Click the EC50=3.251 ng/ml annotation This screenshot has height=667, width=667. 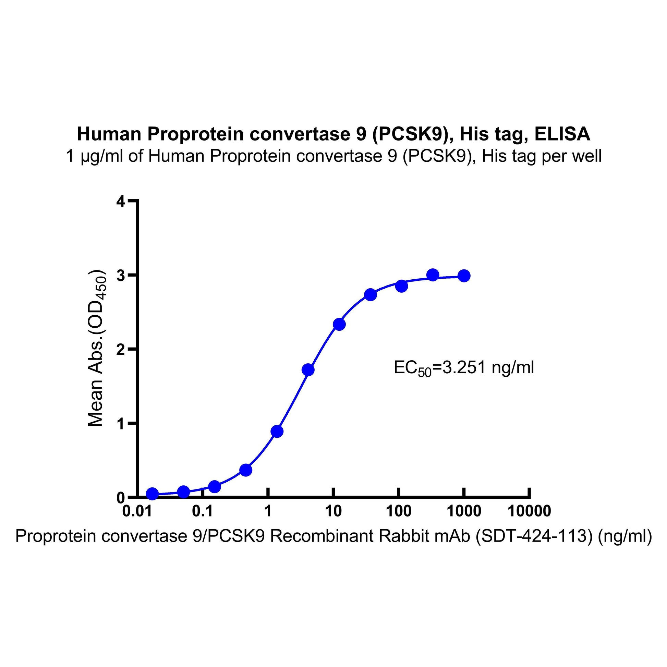(464, 368)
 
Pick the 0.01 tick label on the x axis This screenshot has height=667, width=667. (137, 511)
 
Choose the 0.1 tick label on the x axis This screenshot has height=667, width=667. (203, 511)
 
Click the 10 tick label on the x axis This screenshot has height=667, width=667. (333, 511)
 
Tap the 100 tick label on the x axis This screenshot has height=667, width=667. (398, 511)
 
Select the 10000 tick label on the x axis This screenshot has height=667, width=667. (529, 511)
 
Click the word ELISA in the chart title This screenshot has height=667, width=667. (562, 134)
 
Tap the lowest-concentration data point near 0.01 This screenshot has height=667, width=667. (152, 494)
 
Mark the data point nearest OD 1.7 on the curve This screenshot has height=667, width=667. (308, 370)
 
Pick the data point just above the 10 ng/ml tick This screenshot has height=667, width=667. (339, 324)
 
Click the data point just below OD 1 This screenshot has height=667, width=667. (277, 432)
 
